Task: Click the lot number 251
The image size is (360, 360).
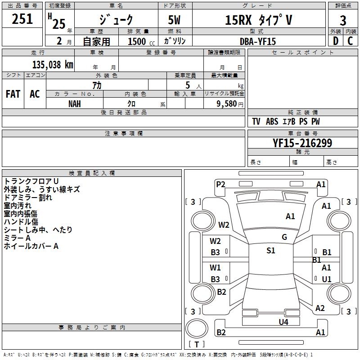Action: click(x=22, y=19)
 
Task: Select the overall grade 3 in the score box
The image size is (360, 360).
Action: click(x=343, y=20)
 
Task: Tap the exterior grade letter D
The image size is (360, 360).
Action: click(x=336, y=41)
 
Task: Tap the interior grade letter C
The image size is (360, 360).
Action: click(x=350, y=41)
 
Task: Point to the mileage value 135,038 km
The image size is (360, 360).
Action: click(x=53, y=65)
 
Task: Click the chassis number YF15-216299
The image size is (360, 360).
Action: click(x=302, y=143)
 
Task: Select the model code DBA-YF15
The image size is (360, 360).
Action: click(x=257, y=41)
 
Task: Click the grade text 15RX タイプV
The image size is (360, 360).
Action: click(x=258, y=20)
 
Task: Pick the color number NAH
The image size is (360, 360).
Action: click(x=75, y=104)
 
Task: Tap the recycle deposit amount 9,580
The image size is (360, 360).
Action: click(x=227, y=104)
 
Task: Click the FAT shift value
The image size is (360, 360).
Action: click(x=13, y=94)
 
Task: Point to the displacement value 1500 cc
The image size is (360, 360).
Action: click(x=141, y=41)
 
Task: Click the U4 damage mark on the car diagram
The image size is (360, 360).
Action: click(x=283, y=322)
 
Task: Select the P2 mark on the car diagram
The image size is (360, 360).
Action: click(x=220, y=184)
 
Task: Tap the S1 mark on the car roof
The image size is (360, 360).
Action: click(x=271, y=251)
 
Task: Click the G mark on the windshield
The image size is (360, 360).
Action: click(x=284, y=237)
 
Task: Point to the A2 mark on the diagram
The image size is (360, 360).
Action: click(x=320, y=308)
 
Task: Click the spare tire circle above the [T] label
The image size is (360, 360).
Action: click(x=197, y=328)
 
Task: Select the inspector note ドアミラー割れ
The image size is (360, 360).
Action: click(x=28, y=198)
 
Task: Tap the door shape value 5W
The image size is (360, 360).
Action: click(x=174, y=20)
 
